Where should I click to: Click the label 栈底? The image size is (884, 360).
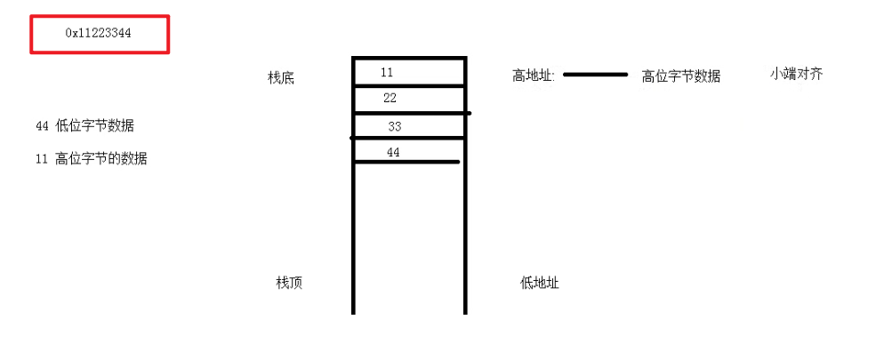(280, 78)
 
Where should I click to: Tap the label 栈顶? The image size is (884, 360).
(289, 283)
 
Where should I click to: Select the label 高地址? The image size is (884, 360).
(533, 76)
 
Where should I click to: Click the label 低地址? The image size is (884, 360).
(540, 284)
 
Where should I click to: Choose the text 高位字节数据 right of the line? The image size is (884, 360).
(681, 76)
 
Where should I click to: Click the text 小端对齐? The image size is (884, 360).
(796, 74)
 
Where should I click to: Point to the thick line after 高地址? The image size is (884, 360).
(596, 75)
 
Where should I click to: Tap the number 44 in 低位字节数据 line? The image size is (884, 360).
(42, 126)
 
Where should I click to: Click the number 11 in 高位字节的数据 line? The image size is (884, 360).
(42, 160)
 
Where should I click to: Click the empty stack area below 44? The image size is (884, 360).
(409, 231)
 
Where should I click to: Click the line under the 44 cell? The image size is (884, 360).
(407, 162)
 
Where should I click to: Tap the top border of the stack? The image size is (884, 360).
(409, 59)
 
